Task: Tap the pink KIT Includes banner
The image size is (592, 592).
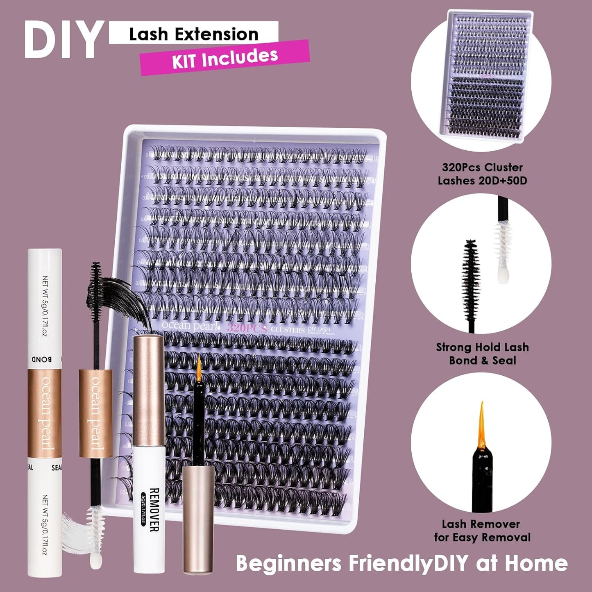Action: click(225, 58)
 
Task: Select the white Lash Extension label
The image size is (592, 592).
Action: click(193, 34)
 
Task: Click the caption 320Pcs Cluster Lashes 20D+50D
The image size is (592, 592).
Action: click(482, 174)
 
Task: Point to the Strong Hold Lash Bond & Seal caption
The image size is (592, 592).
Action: click(482, 354)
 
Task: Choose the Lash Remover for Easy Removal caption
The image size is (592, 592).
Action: click(482, 531)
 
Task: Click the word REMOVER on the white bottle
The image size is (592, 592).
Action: click(153, 509)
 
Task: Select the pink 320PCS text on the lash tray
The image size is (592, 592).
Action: click(247, 328)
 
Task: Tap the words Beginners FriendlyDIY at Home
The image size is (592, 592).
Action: click(401, 563)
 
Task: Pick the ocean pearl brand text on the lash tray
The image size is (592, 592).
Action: click(189, 326)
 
